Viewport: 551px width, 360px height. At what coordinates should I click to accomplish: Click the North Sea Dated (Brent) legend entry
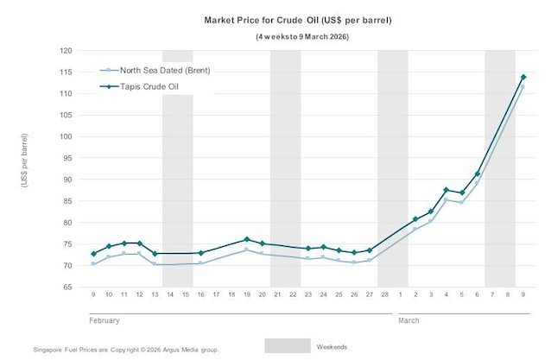tap(155, 70)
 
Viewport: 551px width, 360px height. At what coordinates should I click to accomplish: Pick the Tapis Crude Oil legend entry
tap(148, 85)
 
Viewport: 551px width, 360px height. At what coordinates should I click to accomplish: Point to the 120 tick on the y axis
tap(66, 51)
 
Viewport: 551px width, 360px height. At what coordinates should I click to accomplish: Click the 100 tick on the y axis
tap(66, 136)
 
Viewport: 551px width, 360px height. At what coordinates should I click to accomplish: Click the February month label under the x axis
tap(104, 320)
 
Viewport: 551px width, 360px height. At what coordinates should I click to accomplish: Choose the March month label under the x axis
tap(409, 320)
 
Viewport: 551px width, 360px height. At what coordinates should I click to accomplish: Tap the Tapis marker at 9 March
tap(522, 78)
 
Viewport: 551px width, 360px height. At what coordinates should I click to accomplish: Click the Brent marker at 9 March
tap(522, 87)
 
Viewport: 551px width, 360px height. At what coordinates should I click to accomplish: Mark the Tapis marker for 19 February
tap(246, 239)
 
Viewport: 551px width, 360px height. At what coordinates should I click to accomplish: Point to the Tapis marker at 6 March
tap(478, 174)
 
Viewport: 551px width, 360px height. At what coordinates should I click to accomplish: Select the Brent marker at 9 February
tap(93, 264)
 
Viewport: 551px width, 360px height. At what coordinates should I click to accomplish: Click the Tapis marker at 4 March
tap(446, 190)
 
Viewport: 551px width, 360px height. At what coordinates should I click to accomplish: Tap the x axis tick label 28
tap(384, 294)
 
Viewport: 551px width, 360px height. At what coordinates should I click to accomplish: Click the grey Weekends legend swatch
tap(287, 345)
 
